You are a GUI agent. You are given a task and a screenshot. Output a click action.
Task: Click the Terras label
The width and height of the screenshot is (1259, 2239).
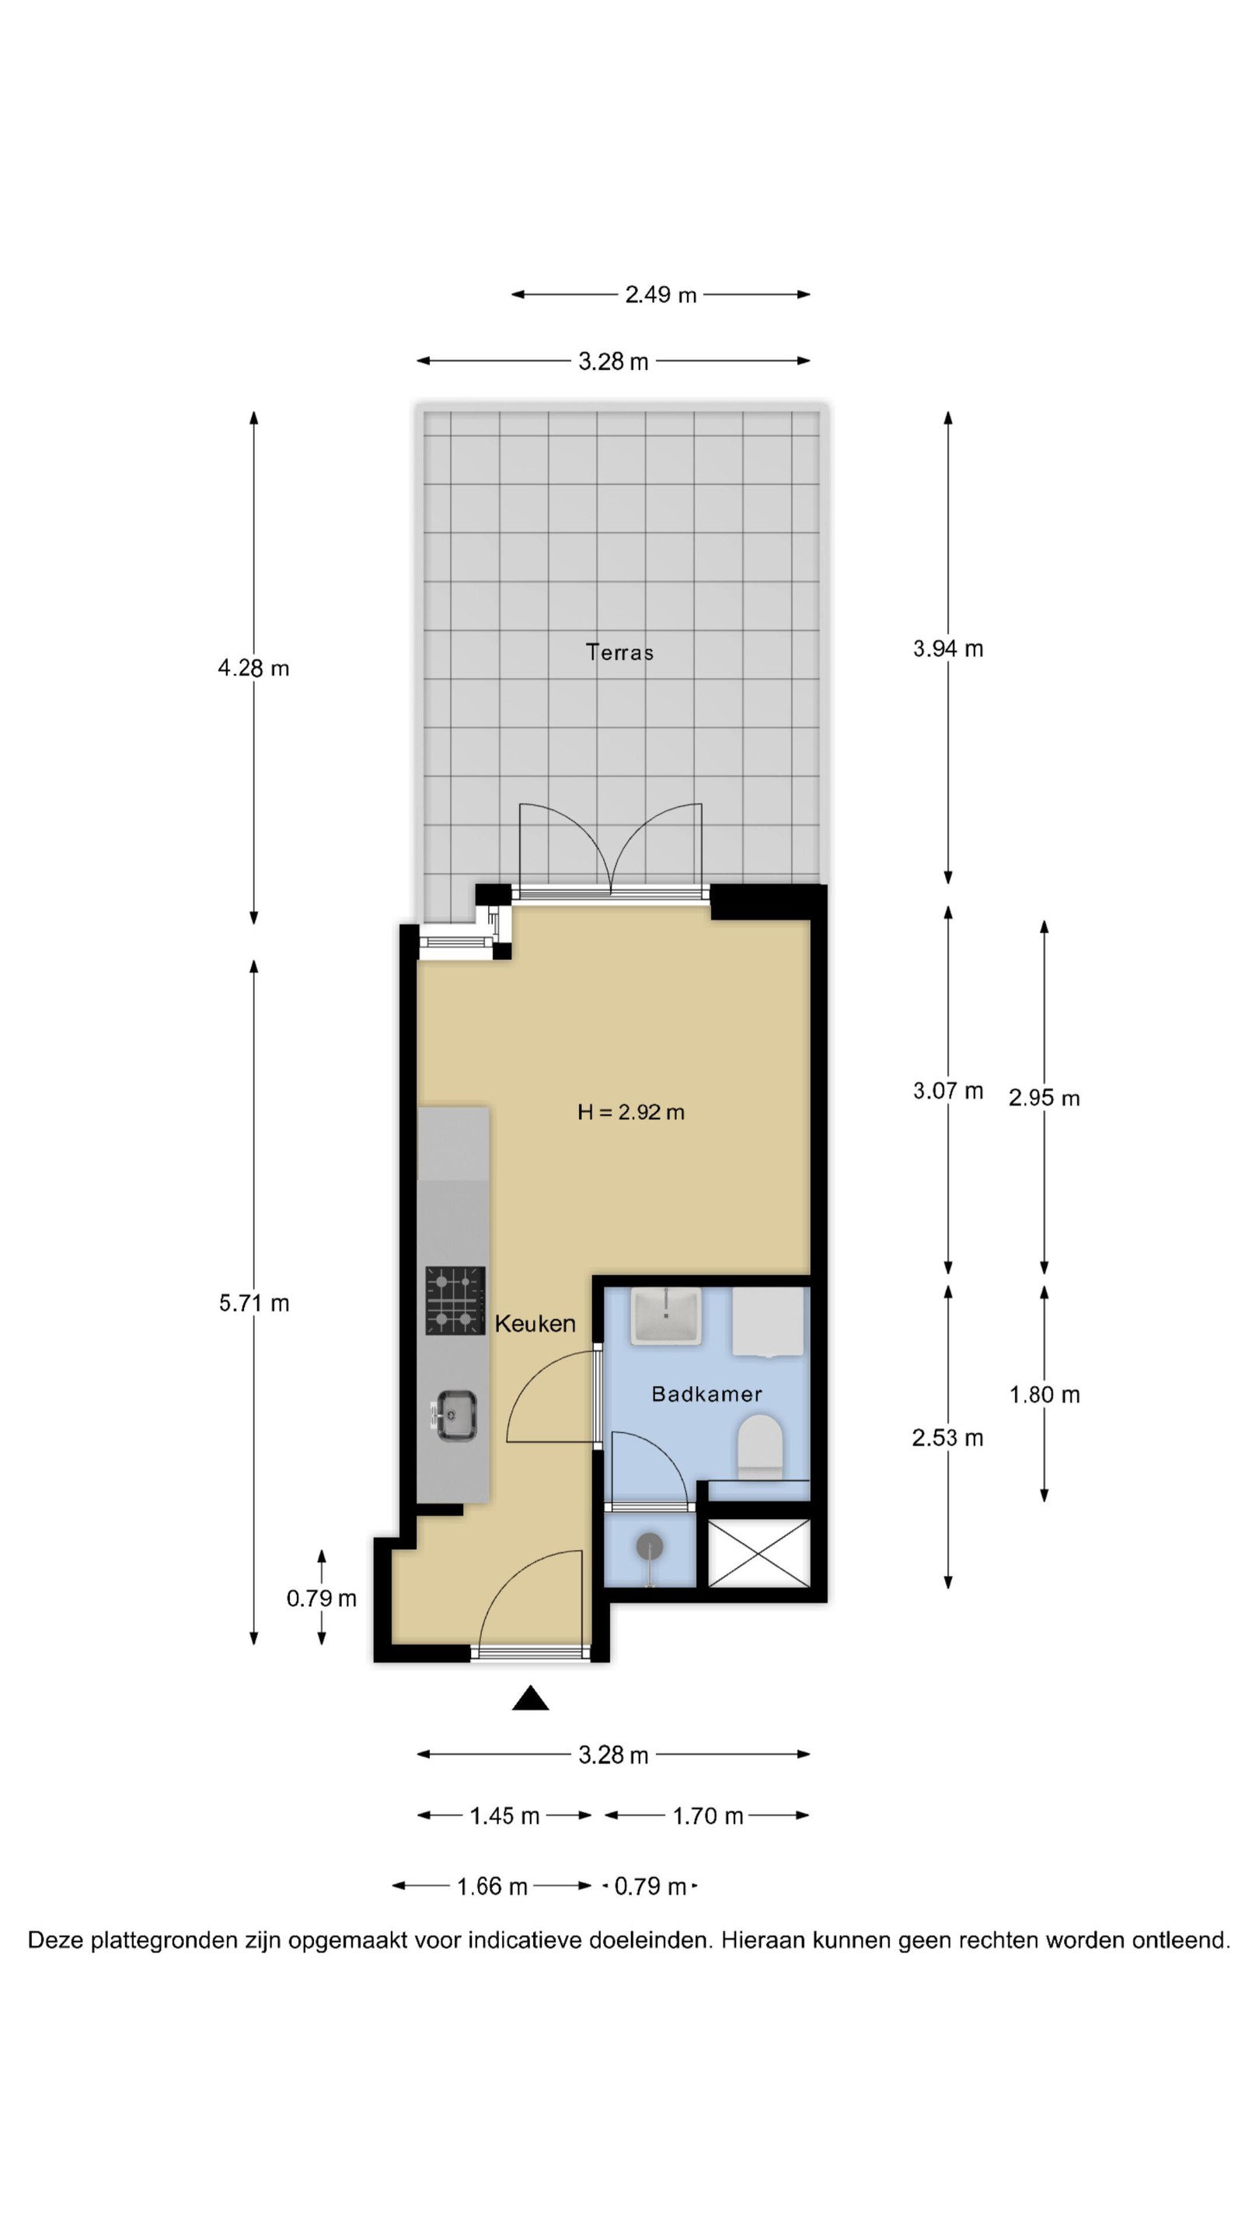(619, 652)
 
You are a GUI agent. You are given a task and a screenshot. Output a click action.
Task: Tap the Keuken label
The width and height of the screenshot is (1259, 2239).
(535, 1323)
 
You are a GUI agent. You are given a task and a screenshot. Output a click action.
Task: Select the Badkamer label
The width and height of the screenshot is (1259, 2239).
(706, 1393)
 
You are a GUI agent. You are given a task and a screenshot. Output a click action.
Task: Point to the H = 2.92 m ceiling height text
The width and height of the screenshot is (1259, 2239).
(631, 1112)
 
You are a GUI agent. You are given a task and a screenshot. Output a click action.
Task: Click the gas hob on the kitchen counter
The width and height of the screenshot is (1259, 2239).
(455, 1301)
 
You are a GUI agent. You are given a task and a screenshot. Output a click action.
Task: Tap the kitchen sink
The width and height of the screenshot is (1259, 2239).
(455, 1415)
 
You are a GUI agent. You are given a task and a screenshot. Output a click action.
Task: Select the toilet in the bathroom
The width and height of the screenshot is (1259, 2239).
(759, 1446)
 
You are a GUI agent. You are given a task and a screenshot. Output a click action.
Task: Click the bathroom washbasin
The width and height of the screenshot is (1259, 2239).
(665, 1316)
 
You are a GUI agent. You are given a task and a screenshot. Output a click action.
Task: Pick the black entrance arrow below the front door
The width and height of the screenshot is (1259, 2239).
(530, 1697)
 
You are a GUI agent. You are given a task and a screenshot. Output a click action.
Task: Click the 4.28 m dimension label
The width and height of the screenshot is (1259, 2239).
(253, 668)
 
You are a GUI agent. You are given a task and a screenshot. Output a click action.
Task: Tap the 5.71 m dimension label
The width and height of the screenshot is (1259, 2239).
(253, 1303)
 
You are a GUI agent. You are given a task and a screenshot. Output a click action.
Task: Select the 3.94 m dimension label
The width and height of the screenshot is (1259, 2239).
(948, 648)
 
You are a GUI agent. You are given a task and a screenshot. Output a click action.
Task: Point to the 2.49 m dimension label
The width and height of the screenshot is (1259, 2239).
(661, 295)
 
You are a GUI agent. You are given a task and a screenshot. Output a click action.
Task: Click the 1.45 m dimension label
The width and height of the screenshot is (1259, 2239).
(505, 1816)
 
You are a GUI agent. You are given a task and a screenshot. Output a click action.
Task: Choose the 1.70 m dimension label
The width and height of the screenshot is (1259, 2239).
(708, 1816)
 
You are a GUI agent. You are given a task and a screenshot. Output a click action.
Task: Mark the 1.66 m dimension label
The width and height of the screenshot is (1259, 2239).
(492, 1886)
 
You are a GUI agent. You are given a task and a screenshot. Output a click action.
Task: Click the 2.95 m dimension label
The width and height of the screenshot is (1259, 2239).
(1045, 1098)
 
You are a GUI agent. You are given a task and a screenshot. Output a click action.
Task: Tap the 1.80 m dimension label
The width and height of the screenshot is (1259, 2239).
(1045, 1395)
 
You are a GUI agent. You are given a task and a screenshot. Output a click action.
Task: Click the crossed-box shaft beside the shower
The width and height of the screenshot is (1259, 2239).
(759, 1552)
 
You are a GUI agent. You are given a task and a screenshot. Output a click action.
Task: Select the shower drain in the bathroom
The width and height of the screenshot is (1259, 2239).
(650, 1547)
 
